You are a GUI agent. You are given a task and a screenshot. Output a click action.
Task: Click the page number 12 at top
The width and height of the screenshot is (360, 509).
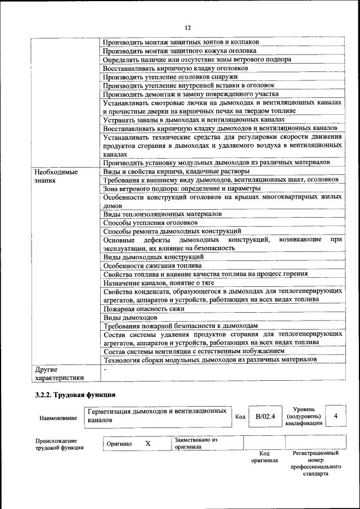188,27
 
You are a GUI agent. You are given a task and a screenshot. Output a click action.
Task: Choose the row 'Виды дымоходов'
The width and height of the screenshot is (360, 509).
130,317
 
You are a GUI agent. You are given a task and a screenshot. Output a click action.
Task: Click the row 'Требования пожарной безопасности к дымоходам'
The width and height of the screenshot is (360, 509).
181,326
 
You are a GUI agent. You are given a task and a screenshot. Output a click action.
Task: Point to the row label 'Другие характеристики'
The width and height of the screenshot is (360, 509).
59,373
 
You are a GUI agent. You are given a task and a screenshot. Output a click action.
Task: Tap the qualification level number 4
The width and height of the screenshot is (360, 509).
336,416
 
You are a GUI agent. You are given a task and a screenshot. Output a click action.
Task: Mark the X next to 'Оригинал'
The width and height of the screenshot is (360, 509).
148,443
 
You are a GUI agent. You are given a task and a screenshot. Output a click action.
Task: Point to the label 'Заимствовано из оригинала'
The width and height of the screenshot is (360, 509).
196,443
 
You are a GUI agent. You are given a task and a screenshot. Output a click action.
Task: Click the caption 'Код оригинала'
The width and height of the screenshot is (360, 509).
264,456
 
